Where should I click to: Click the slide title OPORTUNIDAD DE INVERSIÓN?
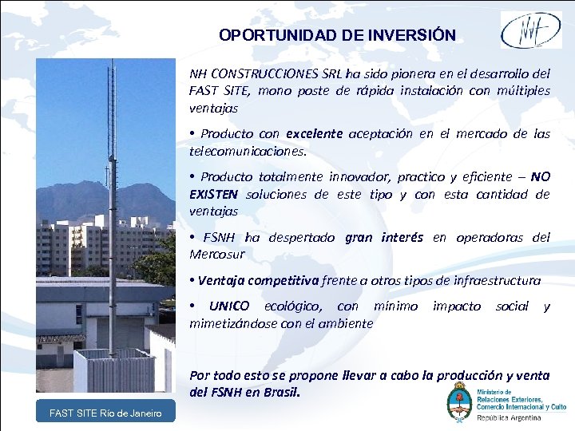[337, 36]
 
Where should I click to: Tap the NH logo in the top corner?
[530, 30]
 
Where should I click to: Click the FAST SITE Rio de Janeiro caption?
[105, 413]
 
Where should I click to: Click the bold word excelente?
[314, 134]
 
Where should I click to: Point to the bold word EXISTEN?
[214, 194]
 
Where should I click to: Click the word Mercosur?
[216, 254]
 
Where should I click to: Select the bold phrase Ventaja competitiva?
[258, 280]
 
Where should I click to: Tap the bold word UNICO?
[228, 306]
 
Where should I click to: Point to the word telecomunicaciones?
[247, 150]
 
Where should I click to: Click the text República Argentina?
[509, 417]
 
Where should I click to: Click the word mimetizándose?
[228, 323]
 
